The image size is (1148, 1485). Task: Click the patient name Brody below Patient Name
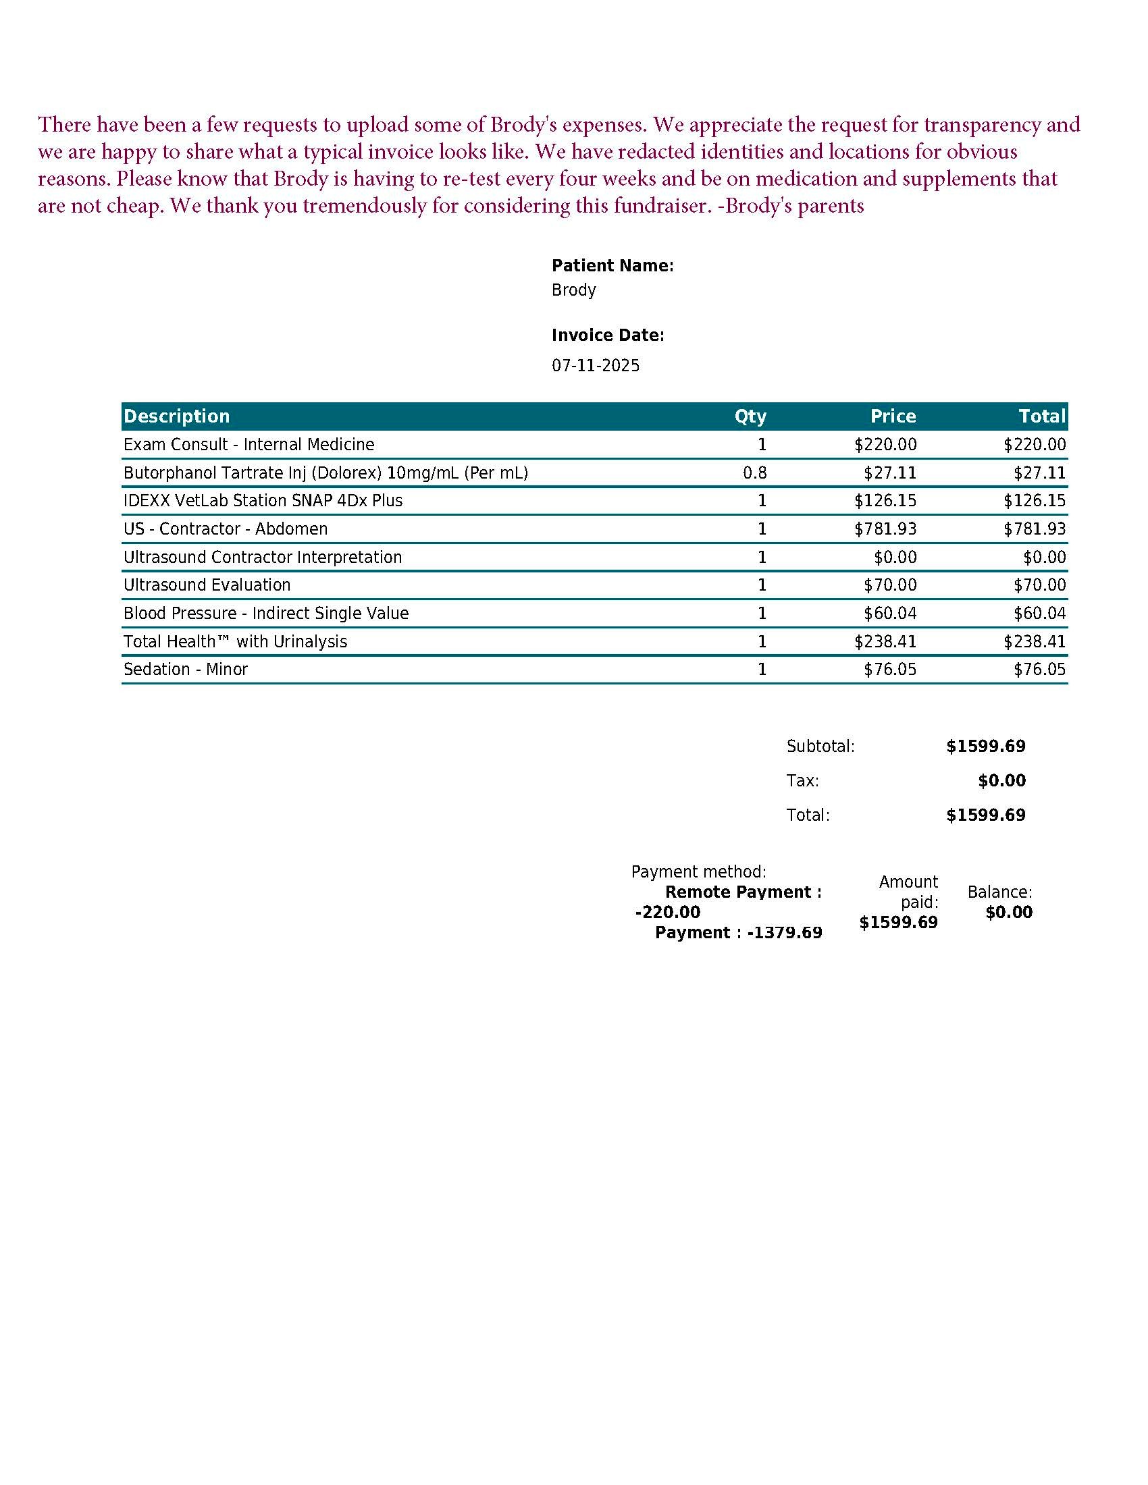[573, 290]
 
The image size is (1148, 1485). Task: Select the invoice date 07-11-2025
[595, 366]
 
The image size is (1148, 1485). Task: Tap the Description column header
[177, 416]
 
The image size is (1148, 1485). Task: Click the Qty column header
[750, 416]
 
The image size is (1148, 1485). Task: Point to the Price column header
[892, 416]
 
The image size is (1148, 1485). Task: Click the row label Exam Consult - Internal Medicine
[249, 445]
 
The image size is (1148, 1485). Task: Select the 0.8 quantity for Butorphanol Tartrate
[754, 473]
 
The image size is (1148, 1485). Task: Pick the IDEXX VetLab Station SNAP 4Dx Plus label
[263, 501]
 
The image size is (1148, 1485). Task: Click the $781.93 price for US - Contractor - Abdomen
[885, 529]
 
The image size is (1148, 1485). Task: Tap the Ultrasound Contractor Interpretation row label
[263, 558]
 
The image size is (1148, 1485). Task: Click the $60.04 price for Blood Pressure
[889, 614]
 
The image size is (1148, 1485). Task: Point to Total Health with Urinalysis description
[235, 642]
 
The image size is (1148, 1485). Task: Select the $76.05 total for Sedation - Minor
[1039, 670]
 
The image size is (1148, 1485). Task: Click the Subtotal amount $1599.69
[985, 747]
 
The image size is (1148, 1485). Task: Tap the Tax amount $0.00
[1001, 780]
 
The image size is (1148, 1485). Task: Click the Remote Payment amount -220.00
[667, 913]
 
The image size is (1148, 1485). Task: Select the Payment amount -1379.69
[784, 933]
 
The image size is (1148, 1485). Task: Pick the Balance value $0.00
[1009, 913]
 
